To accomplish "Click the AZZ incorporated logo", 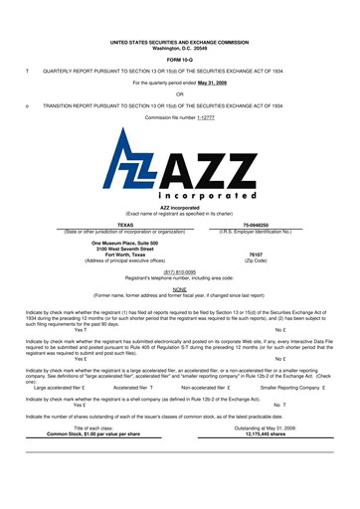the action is pos(179,173).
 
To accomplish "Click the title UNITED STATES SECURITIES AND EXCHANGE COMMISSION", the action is pos(180,40).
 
